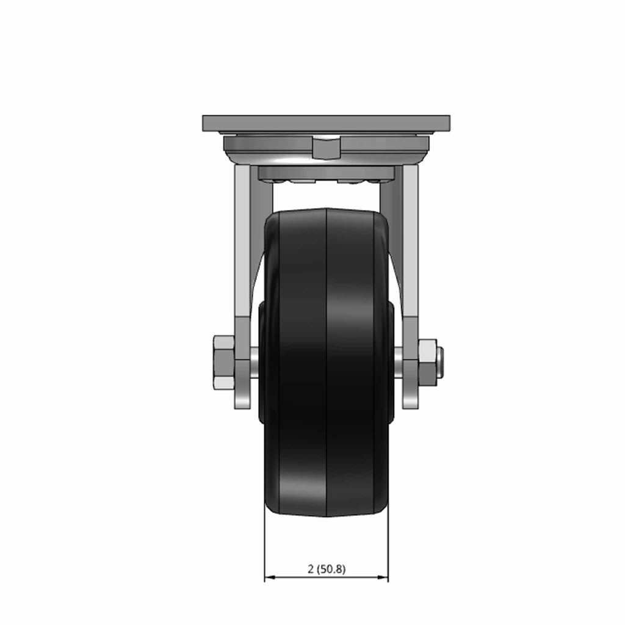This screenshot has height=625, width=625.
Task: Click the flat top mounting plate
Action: coord(326,123)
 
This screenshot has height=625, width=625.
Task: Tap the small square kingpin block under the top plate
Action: coord(326,148)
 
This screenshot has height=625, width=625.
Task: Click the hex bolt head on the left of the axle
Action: coord(224,363)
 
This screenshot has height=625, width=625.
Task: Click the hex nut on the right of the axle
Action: coord(428,363)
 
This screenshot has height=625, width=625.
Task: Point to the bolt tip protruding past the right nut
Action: coord(441,363)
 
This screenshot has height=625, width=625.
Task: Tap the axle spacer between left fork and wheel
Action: coord(255,363)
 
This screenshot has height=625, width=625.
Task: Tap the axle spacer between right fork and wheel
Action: coord(399,363)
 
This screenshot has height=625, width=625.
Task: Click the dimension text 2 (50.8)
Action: coord(327,569)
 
